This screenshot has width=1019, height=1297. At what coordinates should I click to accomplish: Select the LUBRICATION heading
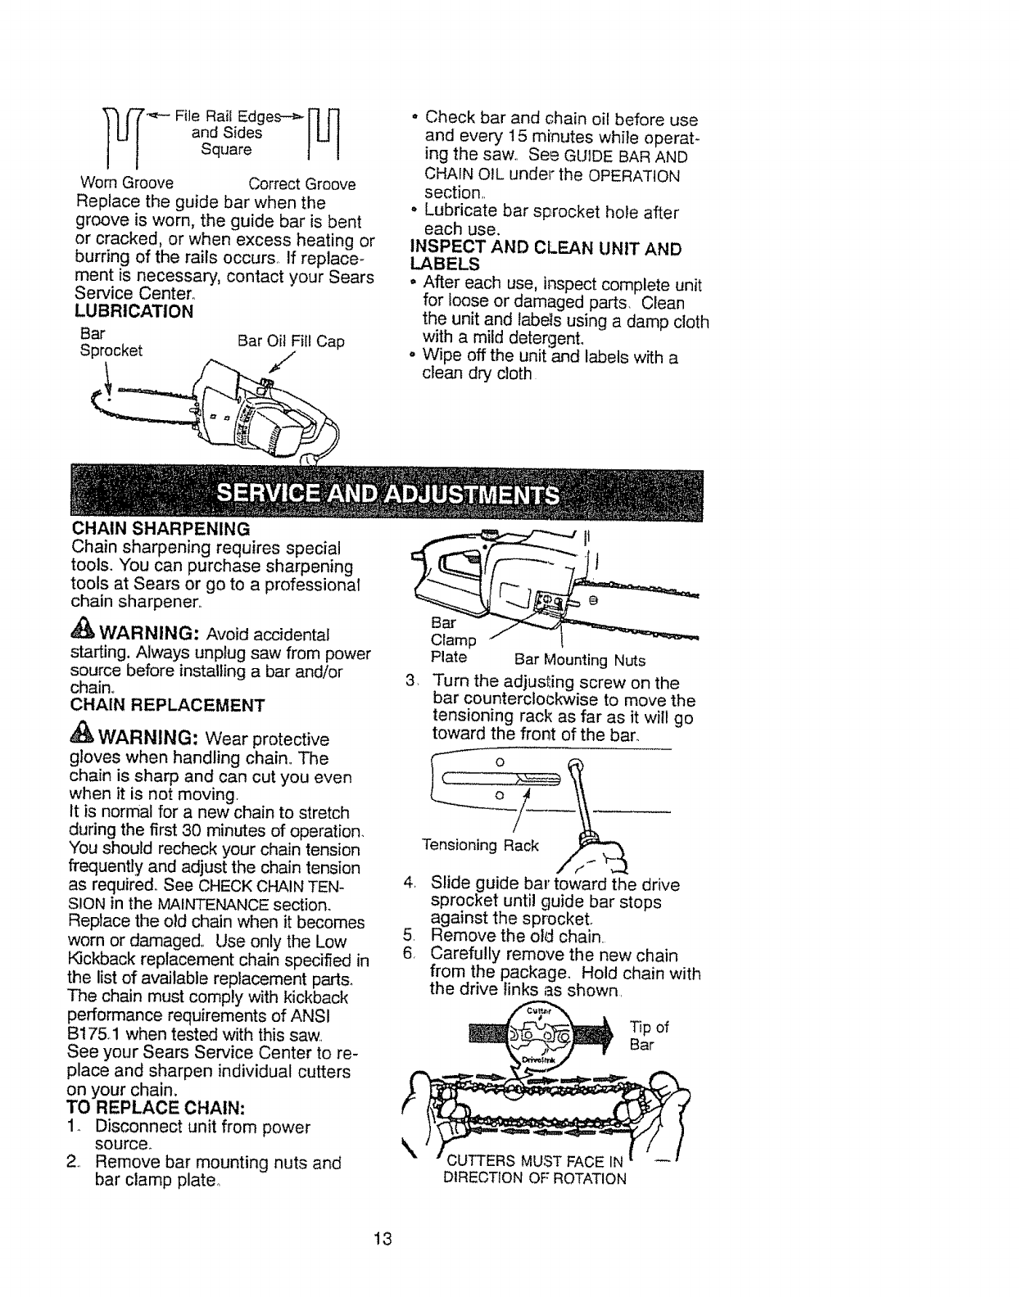(134, 311)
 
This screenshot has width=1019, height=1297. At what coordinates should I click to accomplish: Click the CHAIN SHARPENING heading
(161, 526)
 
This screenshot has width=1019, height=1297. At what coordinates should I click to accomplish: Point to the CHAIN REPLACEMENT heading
(169, 704)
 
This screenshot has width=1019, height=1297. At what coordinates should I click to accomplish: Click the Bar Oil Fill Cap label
(290, 341)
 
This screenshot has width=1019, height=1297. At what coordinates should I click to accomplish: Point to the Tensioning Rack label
(480, 845)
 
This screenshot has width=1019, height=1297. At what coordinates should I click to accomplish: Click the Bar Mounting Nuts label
(580, 660)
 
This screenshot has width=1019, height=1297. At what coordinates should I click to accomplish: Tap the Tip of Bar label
(650, 1037)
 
